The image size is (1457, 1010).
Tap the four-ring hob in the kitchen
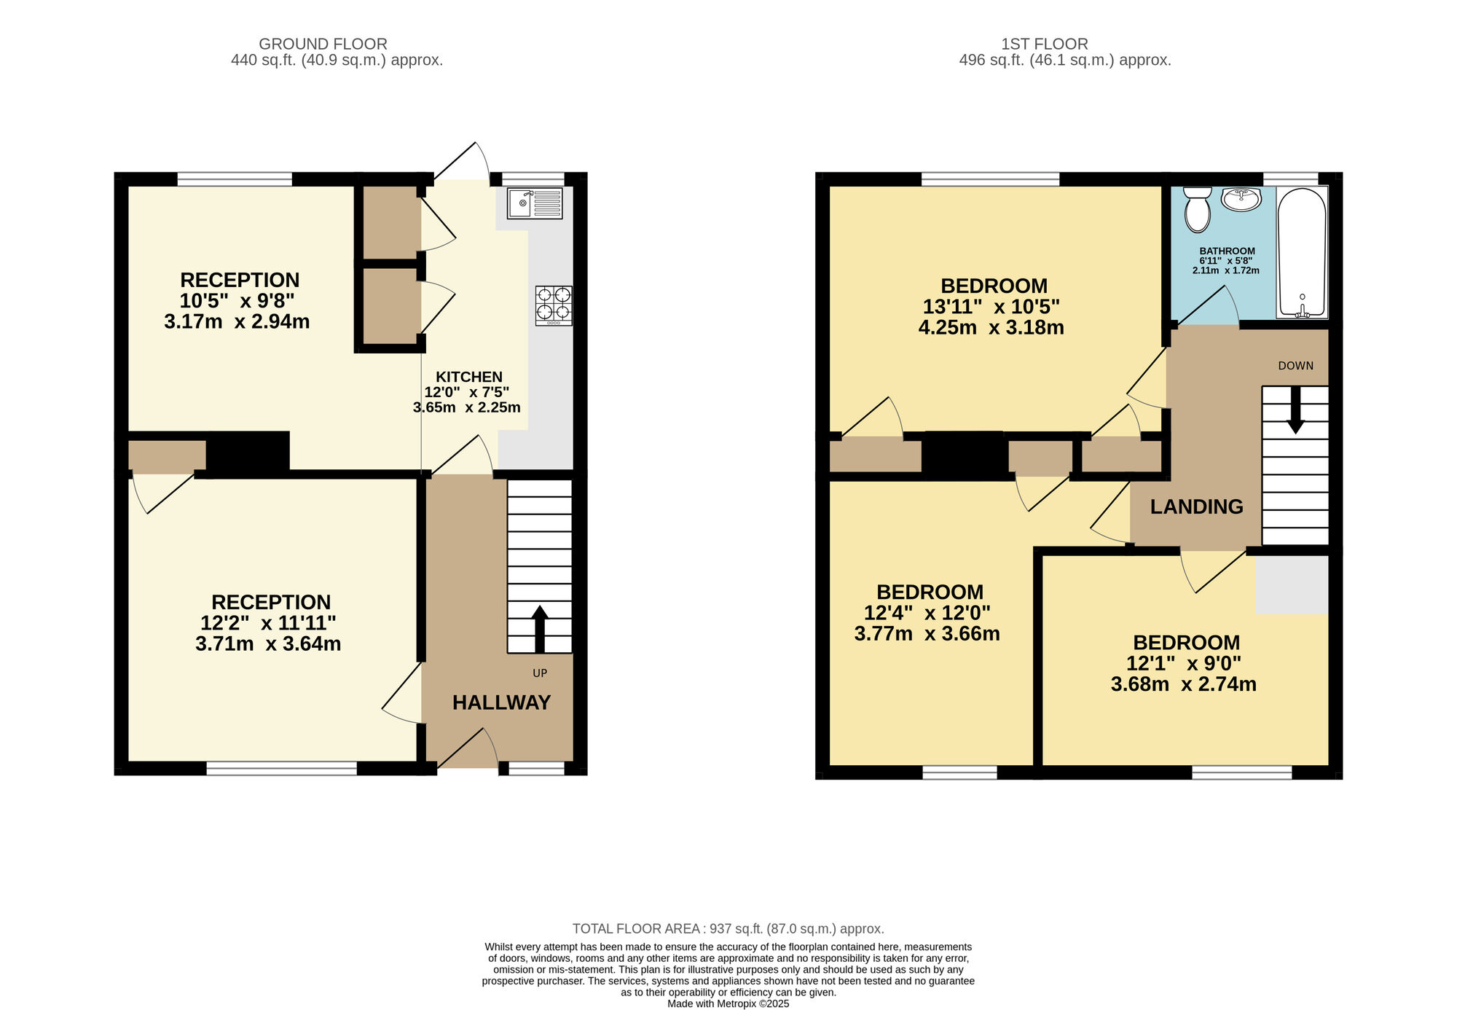pyautogui.click(x=554, y=305)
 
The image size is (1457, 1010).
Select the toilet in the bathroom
pyautogui.click(x=1198, y=210)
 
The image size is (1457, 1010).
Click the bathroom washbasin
pyautogui.click(x=1241, y=199)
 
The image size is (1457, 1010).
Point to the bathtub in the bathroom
pyautogui.click(x=1302, y=252)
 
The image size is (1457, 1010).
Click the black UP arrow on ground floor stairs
pyautogui.click(x=539, y=628)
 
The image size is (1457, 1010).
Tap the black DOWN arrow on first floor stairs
pyautogui.click(x=1295, y=410)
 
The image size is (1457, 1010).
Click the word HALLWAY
pyautogui.click(x=501, y=702)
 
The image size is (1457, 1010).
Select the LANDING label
pyautogui.click(x=1196, y=506)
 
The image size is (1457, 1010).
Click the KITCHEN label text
pyautogui.click(x=468, y=377)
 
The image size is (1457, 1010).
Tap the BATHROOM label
pyautogui.click(x=1227, y=251)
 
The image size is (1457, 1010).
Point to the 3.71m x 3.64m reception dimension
pyautogui.click(x=268, y=643)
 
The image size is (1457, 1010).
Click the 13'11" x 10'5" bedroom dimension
pyautogui.click(x=991, y=307)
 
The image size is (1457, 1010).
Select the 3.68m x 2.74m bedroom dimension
pyautogui.click(x=1183, y=684)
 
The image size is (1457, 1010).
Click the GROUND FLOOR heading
pyautogui.click(x=323, y=44)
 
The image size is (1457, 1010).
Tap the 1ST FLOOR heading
pyautogui.click(x=1044, y=44)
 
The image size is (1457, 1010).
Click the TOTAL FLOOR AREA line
pyautogui.click(x=728, y=928)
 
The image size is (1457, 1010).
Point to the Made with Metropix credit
pyautogui.click(x=728, y=1003)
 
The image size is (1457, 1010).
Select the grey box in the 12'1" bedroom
pyautogui.click(x=1291, y=584)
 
